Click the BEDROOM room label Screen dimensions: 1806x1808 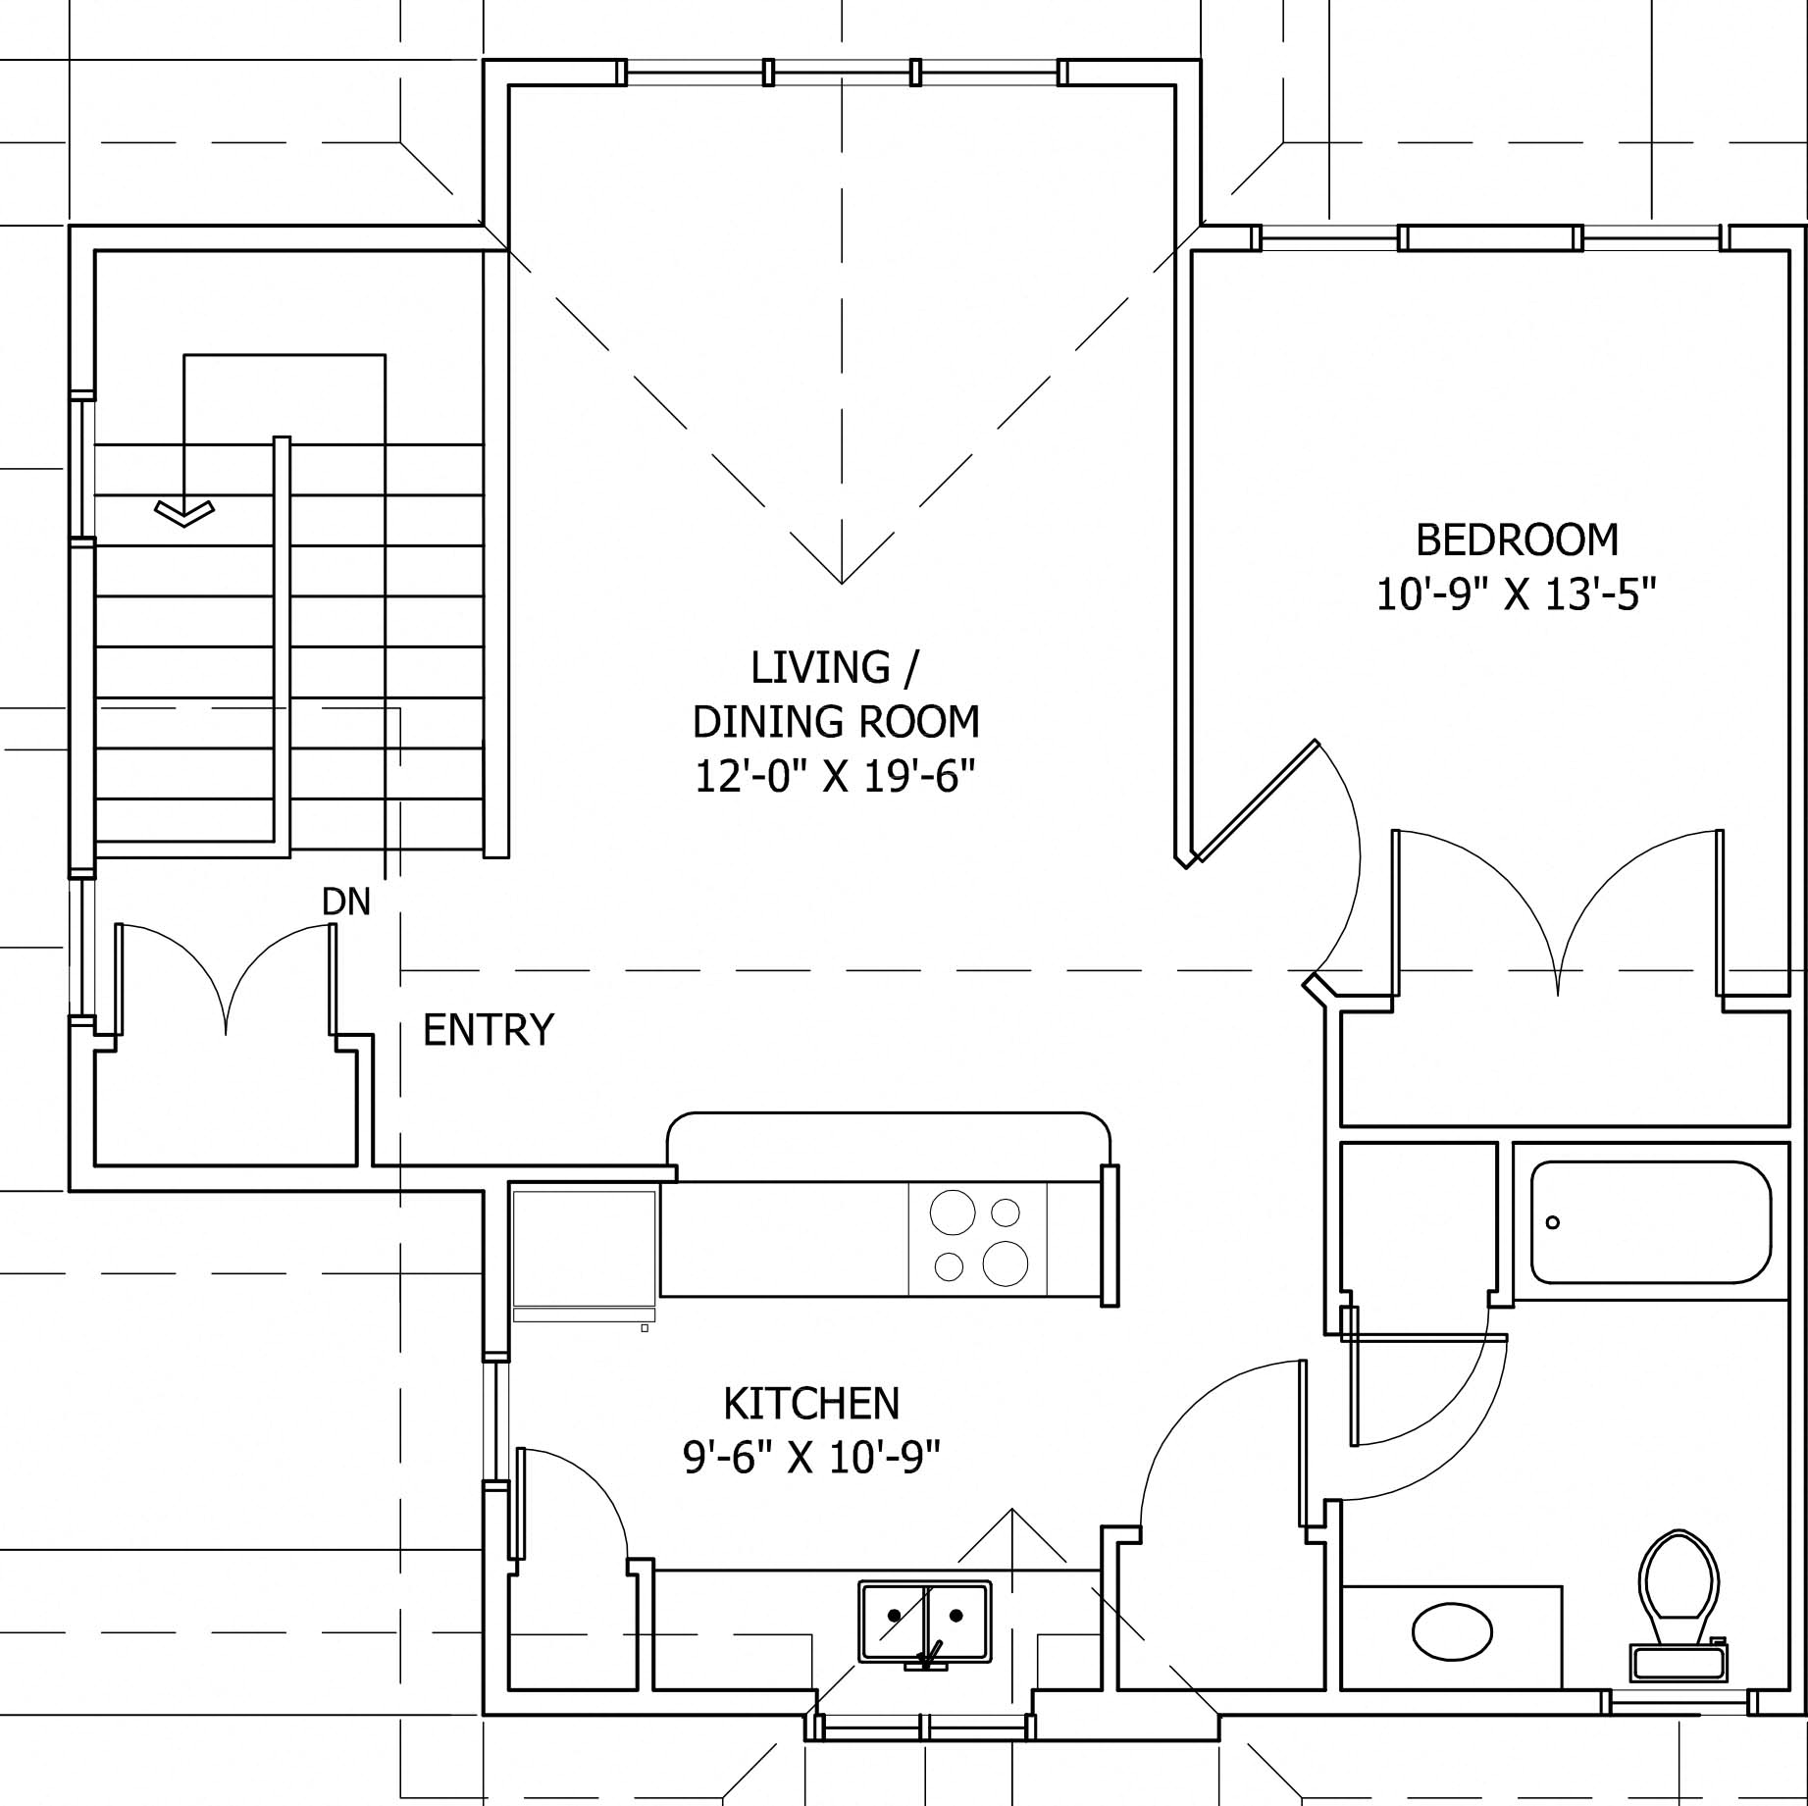[1517, 541]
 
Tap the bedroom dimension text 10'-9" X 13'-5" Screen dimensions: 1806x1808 [1516, 594]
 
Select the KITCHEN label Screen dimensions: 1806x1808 [811, 1404]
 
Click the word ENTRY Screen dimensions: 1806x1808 [488, 1030]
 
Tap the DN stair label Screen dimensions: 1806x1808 [346, 903]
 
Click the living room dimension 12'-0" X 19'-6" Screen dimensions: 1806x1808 [835, 777]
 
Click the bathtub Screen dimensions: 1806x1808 [1650, 1222]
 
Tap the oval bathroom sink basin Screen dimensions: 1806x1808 [1452, 1633]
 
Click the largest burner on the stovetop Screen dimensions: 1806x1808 [1005, 1263]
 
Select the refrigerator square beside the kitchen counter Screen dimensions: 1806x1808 [584, 1255]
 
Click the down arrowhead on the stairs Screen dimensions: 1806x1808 [183, 513]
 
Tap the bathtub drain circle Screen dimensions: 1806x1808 [1552, 1222]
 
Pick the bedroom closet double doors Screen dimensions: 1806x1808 [1558, 912]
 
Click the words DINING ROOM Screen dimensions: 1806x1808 [835, 722]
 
